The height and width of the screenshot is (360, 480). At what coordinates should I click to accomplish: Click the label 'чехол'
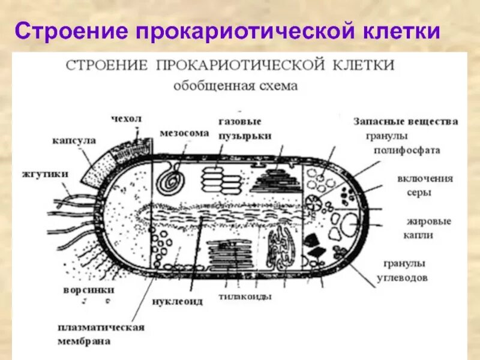[x=127, y=119]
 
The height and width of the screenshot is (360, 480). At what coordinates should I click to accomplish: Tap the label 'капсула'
[x=74, y=140]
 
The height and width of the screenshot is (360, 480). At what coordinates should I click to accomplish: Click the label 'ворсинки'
[x=88, y=290]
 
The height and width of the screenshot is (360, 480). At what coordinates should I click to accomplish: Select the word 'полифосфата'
[x=407, y=150]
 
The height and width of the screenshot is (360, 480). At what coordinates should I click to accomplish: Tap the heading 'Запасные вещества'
[x=406, y=121]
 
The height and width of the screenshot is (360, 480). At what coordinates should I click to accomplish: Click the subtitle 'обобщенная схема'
[x=235, y=85]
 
